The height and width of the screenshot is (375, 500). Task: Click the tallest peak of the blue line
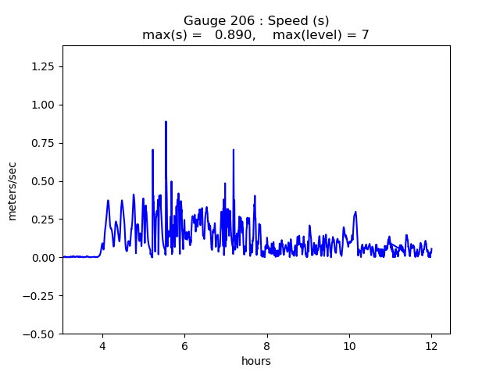[166, 122]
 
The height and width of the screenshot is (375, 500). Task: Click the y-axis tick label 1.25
[43, 66]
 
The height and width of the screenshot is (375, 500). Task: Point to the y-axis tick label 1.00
[43, 105]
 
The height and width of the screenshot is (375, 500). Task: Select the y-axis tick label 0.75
[43, 143]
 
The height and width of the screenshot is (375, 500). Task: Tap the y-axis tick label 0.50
[43, 181]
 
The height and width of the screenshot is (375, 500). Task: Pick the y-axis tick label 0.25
[43, 220]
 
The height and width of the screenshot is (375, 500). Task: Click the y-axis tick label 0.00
[43, 258]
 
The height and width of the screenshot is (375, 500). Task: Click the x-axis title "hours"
[256, 361]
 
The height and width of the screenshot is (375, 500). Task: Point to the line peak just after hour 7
[233, 150]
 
